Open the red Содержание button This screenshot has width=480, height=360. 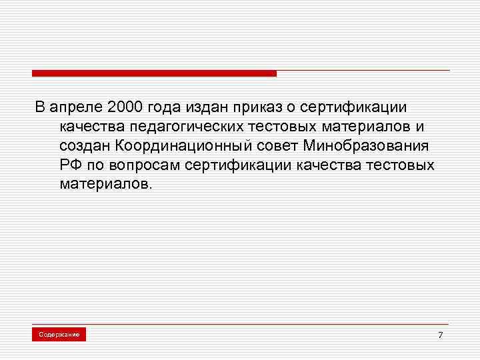click(x=59, y=334)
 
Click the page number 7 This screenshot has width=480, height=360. click(x=440, y=335)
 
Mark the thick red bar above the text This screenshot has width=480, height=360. click(x=153, y=73)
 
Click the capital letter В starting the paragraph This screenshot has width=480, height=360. click(x=40, y=107)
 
